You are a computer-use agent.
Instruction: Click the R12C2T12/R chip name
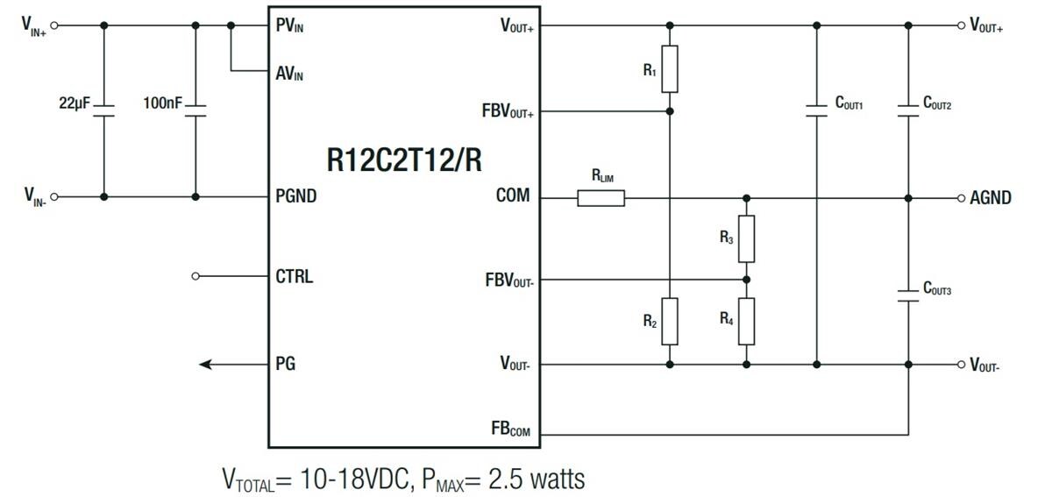pyautogui.click(x=403, y=160)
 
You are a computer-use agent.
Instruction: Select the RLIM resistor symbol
pyautogui.click(x=601, y=198)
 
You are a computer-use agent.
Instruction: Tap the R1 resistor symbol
pyautogui.click(x=670, y=69)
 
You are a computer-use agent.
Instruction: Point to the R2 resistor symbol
pyautogui.click(x=670, y=321)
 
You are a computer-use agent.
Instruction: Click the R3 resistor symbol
pyautogui.click(x=746, y=238)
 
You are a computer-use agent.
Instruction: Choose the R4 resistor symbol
pyautogui.click(x=746, y=321)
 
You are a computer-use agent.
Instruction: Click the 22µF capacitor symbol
pyautogui.click(x=104, y=110)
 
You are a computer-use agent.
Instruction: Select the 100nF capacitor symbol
pyautogui.click(x=195, y=110)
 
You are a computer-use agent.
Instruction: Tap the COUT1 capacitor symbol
pyautogui.click(x=817, y=110)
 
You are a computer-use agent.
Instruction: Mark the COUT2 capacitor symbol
pyautogui.click(x=907, y=110)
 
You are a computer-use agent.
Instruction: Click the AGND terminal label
pyautogui.click(x=990, y=198)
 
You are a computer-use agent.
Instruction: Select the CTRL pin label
pyautogui.click(x=294, y=277)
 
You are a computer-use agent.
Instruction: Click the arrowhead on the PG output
pyautogui.click(x=206, y=364)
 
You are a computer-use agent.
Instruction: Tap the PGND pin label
pyautogui.click(x=296, y=196)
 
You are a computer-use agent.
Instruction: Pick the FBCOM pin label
pyautogui.click(x=510, y=430)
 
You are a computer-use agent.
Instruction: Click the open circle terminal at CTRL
pyautogui.click(x=195, y=276)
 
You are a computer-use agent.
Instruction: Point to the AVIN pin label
pyautogui.click(x=289, y=75)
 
